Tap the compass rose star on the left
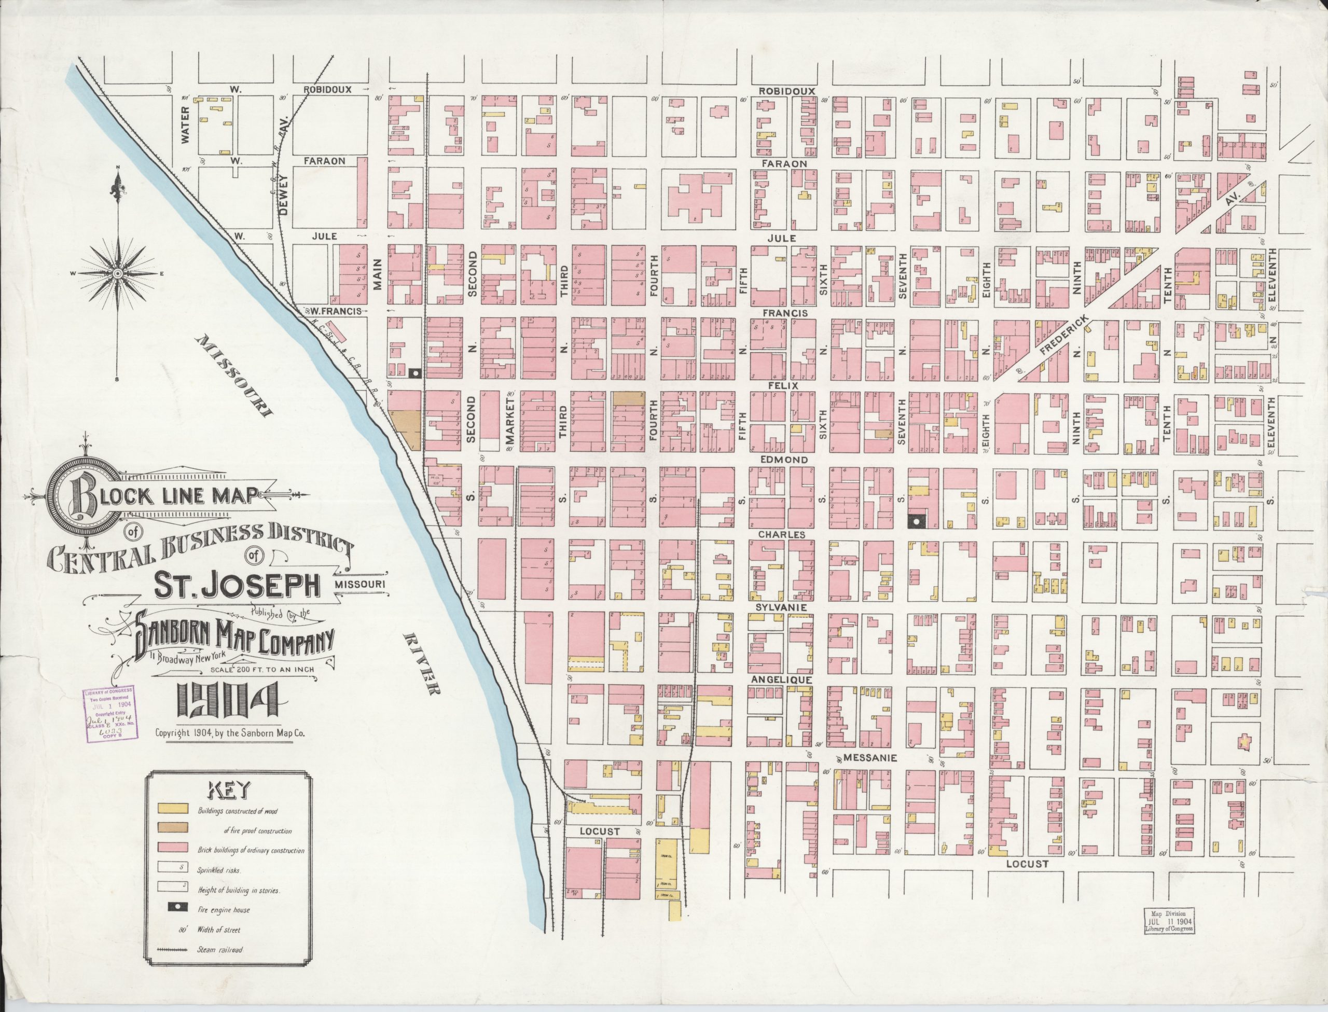pos(118,273)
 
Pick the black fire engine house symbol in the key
pos(173,910)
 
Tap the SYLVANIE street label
pos(781,608)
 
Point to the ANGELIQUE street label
pos(781,680)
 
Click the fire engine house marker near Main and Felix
pos(414,373)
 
